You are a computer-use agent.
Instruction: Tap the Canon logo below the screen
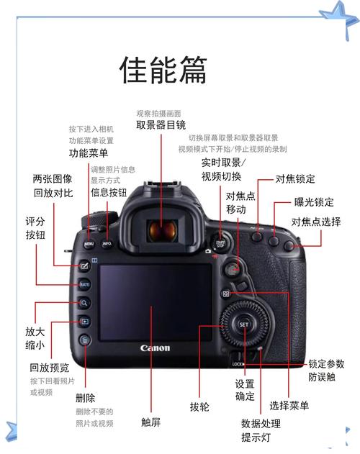point(156,348)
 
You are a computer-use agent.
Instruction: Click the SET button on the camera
point(243,324)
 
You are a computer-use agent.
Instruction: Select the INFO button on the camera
point(107,244)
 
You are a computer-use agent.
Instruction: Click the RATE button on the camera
point(84,285)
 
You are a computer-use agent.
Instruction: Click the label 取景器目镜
point(161,124)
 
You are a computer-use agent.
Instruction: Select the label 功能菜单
point(89,154)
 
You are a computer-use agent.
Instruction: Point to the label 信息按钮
point(108,192)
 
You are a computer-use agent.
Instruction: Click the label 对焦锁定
point(295,178)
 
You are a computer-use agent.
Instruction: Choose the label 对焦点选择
point(315,222)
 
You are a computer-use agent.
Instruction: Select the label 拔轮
point(199,407)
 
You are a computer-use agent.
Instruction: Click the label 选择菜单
point(289,406)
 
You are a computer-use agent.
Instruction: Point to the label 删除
point(85,397)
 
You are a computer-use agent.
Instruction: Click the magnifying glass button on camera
point(84,304)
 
